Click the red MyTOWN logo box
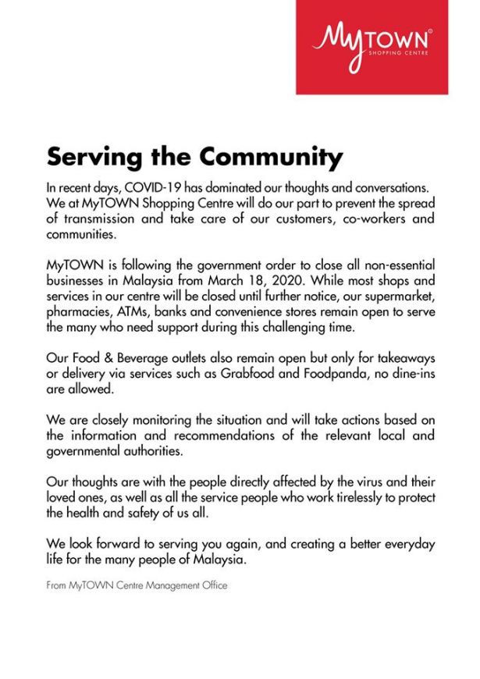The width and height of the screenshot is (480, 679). tap(372, 47)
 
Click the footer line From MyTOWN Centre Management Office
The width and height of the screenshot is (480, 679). tap(137, 585)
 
